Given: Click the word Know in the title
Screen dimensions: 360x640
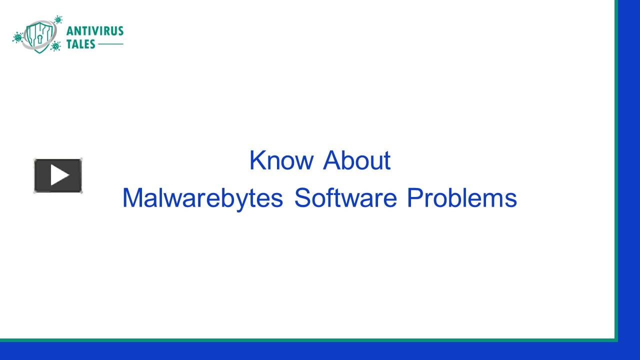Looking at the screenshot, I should [x=281, y=160].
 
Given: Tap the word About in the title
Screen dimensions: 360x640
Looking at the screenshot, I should [x=356, y=160].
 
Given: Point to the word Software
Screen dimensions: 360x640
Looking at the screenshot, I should [x=345, y=198].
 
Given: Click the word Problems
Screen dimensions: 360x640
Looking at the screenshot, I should [x=461, y=198].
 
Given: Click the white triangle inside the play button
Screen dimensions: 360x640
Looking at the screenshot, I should [x=59, y=175].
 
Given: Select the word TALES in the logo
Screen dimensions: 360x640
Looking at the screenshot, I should [x=80, y=44].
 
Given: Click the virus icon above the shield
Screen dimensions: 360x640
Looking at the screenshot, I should [x=58, y=19].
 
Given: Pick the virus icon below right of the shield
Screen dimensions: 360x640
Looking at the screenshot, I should [x=55, y=46].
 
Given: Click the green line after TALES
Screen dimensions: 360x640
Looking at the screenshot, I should [x=110, y=44].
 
